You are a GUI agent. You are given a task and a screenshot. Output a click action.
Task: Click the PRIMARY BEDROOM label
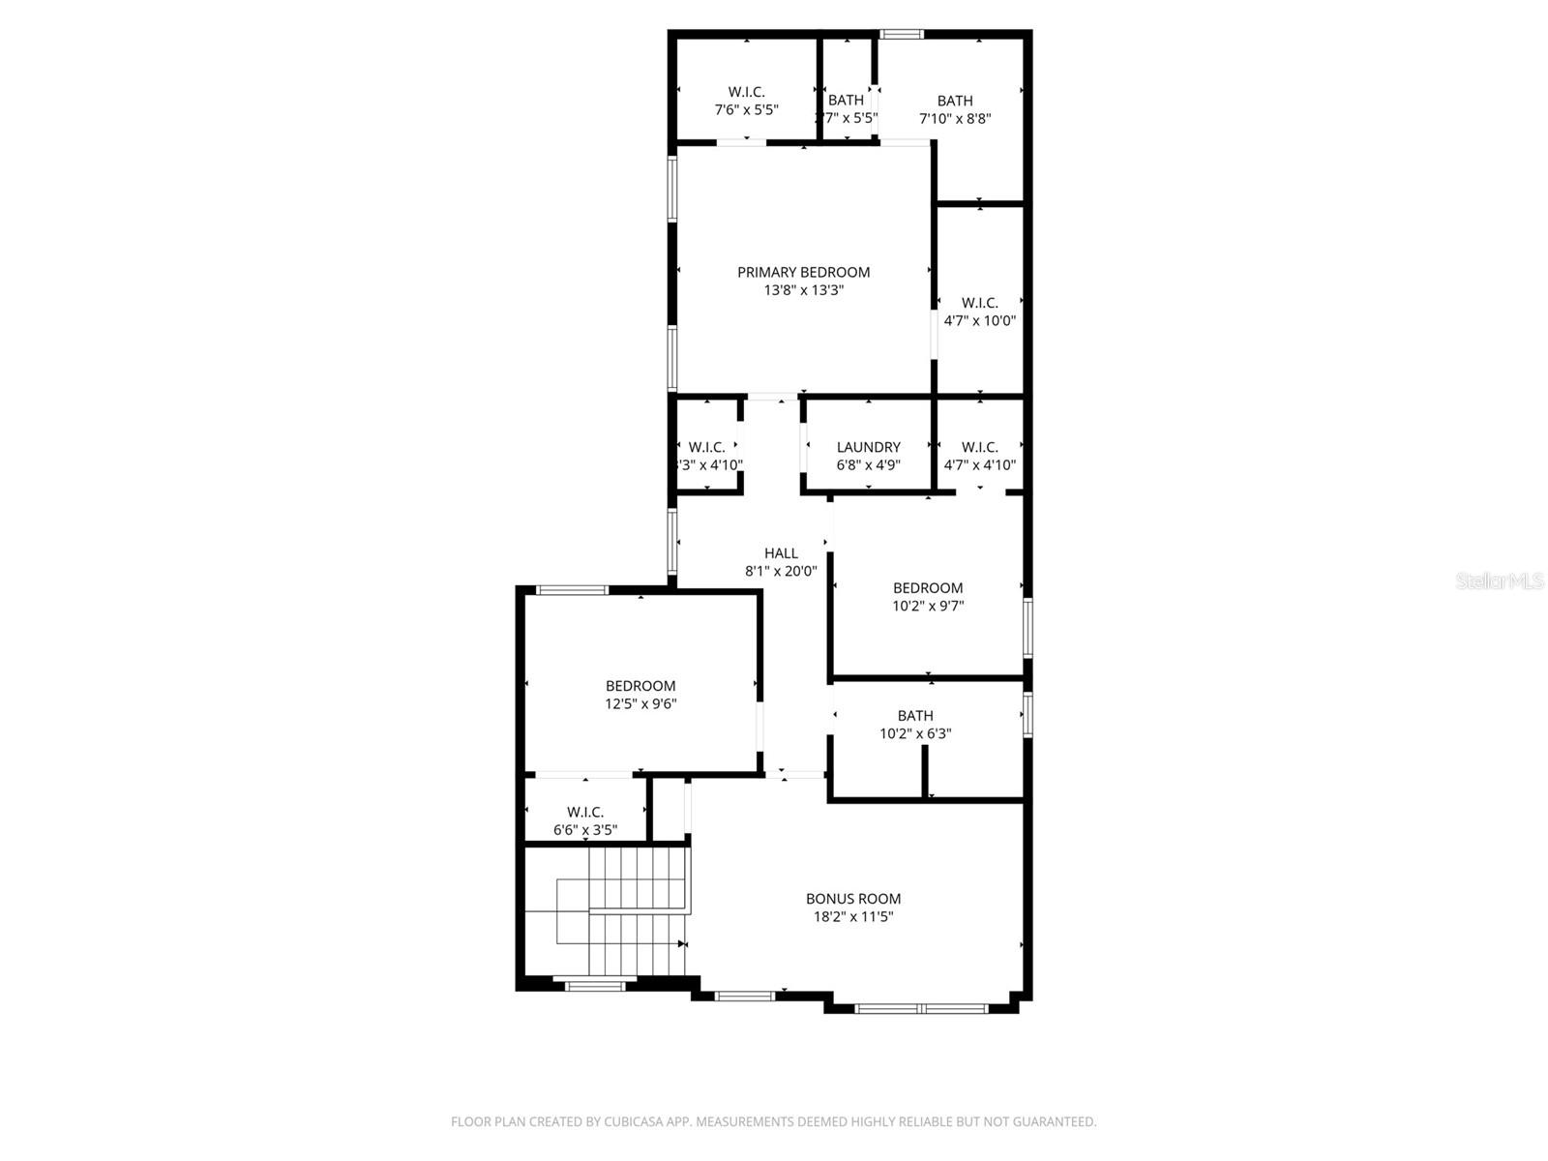[x=803, y=272]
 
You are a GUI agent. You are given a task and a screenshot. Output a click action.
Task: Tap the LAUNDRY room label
[x=868, y=447]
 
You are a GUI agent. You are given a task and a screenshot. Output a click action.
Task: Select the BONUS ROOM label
[x=853, y=898]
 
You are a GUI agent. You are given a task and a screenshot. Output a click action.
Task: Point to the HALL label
[x=781, y=553]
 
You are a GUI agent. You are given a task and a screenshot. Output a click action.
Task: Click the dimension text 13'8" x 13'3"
[x=803, y=289]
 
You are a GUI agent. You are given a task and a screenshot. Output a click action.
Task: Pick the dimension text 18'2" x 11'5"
[x=853, y=916]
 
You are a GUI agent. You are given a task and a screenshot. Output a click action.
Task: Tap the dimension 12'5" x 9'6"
[x=640, y=703]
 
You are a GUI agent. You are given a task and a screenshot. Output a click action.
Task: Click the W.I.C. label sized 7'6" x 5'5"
[x=746, y=92]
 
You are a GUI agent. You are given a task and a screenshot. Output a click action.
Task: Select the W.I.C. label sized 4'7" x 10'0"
[x=979, y=303]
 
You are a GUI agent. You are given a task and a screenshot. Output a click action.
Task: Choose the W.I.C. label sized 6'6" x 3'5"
[x=585, y=812]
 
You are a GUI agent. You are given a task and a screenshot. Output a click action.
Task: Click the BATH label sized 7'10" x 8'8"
[x=954, y=101]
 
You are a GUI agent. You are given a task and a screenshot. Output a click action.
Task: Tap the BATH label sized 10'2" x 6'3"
[x=914, y=715]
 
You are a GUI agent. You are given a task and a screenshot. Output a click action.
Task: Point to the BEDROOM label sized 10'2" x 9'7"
[x=927, y=587]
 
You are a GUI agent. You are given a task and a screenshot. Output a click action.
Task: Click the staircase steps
[x=629, y=909]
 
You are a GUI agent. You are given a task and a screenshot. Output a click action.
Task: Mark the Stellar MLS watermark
[x=1500, y=581]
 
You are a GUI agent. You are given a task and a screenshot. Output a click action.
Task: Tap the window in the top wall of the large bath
[x=901, y=35]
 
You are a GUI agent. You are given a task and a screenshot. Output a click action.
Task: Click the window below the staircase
[x=595, y=985]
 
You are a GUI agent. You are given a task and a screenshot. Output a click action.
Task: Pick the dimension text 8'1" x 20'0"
[x=781, y=571]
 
